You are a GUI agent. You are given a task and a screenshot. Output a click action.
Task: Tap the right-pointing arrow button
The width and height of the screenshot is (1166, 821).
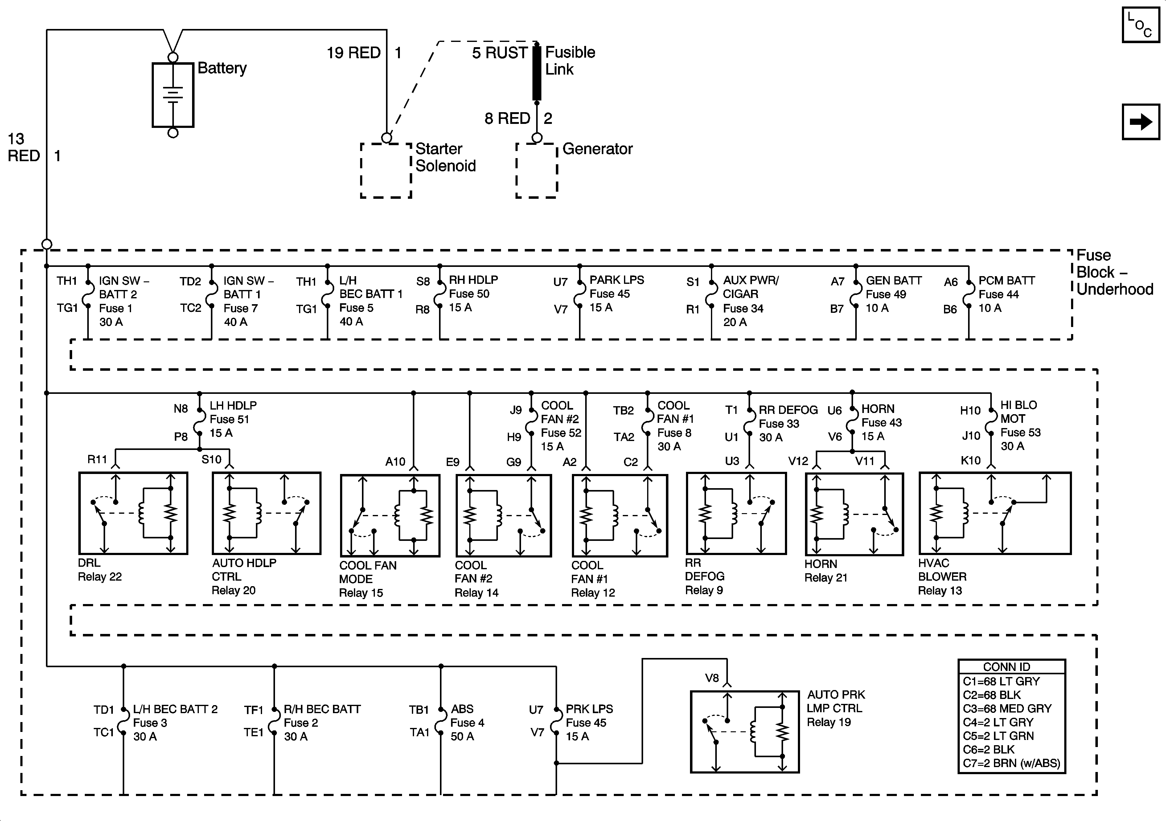point(1141,122)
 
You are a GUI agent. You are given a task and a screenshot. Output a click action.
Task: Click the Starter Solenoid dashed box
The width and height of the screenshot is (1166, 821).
point(386,171)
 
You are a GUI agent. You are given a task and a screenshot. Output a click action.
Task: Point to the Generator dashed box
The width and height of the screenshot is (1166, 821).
point(537,171)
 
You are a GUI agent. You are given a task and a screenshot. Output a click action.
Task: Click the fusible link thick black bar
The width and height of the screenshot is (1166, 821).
point(537,72)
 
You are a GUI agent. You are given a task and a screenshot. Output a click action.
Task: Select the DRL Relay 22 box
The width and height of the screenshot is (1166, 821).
point(133,513)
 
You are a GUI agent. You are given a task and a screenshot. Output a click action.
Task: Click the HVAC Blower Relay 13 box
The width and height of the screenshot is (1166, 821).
point(994,513)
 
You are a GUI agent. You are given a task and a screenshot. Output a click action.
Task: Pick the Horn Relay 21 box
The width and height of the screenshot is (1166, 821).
point(854,514)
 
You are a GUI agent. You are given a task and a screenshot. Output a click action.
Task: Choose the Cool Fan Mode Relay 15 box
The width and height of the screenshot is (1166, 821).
point(389,515)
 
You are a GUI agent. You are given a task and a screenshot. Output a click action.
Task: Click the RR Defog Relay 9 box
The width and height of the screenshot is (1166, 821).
point(736,513)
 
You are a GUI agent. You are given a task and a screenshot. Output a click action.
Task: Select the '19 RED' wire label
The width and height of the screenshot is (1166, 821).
point(353,53)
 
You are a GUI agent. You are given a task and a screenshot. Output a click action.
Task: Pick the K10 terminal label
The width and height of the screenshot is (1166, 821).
point(971,460)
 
